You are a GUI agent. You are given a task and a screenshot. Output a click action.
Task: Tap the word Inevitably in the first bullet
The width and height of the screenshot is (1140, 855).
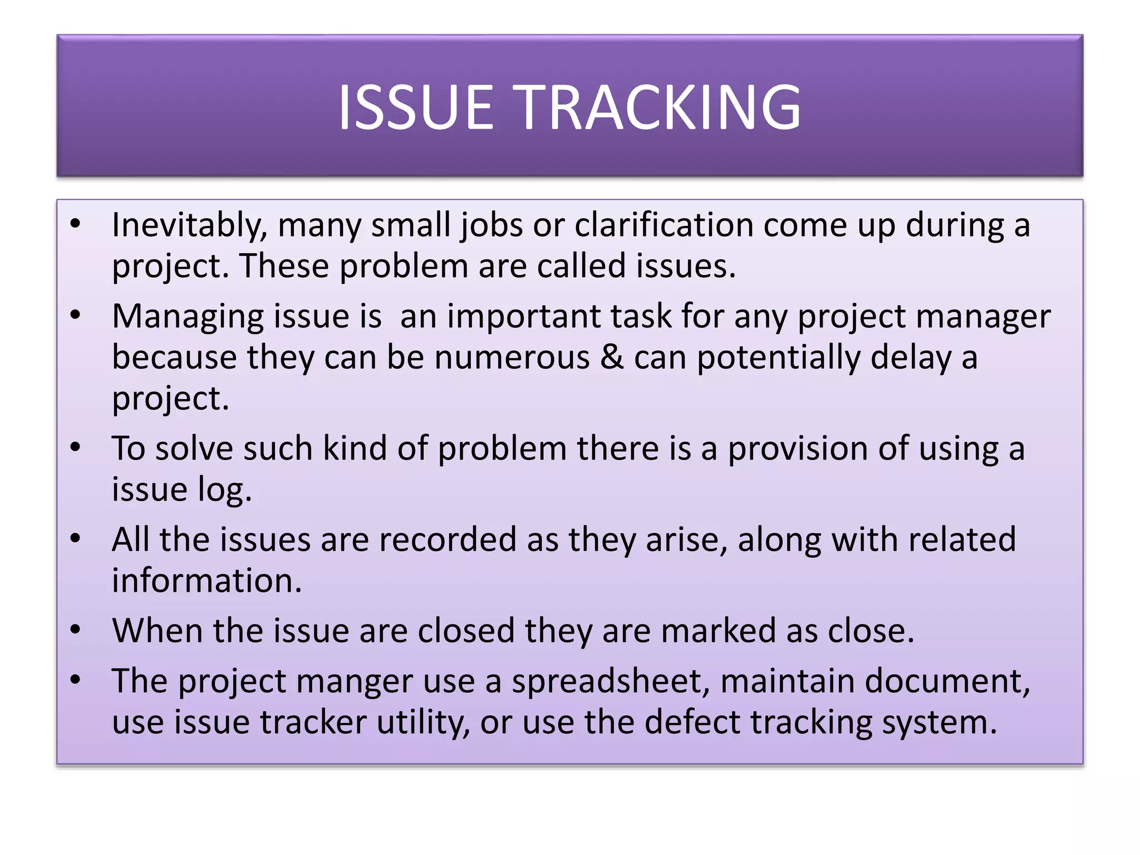click(189, 225)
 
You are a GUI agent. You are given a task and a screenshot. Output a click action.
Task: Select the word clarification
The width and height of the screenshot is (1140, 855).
click(664, 225)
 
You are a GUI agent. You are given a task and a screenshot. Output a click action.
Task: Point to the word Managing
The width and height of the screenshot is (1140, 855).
click(188, 317)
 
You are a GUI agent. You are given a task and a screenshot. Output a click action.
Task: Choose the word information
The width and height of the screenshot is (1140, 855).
click(207, 581)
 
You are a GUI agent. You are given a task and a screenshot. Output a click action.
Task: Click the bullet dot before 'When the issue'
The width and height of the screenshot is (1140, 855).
click(76, 630)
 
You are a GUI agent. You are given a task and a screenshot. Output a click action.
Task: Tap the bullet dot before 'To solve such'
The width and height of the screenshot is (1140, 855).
click(76, 447)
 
